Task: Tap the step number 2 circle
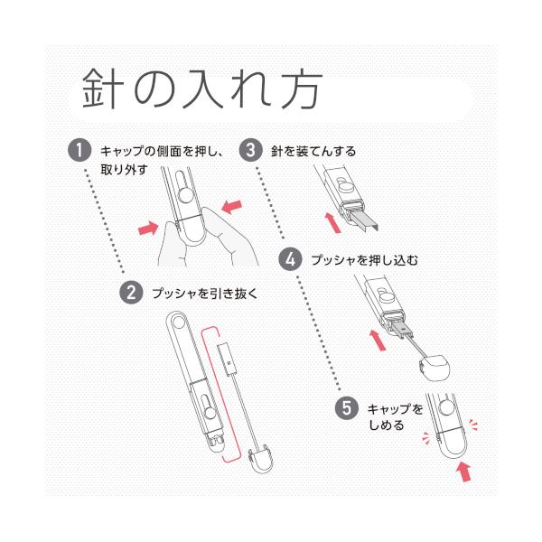click(x=132, y=293)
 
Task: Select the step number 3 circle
click(x=250, y=151)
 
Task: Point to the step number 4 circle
click(x=291, y=259)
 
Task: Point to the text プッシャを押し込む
click(x=363, y=260)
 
